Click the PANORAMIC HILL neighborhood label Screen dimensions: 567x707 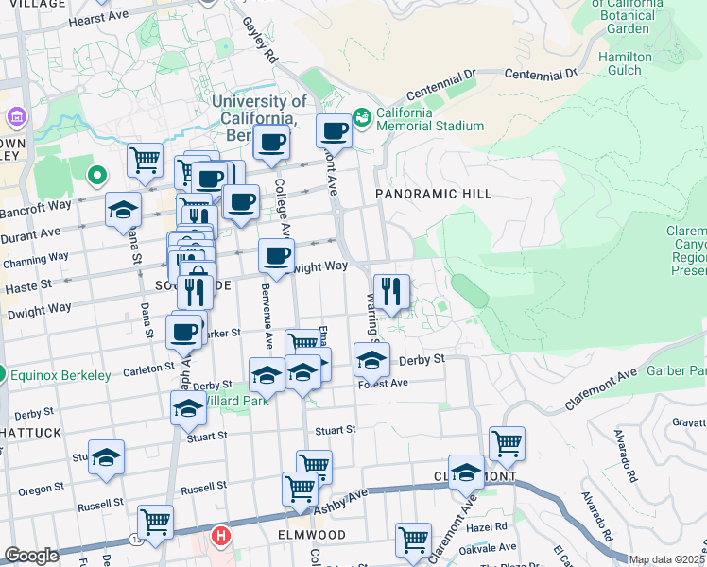point(434,194)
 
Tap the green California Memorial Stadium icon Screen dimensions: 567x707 point(361,118)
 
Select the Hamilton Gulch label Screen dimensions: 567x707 point(625,63)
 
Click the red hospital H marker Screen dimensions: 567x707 point(221,536)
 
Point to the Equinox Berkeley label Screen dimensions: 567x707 point(62,375)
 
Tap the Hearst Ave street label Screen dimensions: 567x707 point(97,18)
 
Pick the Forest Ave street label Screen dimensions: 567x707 point(383,383)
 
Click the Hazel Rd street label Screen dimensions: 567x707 point(488,526)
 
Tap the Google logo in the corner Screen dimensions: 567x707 point(31,556)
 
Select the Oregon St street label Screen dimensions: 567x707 point(41,489)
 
